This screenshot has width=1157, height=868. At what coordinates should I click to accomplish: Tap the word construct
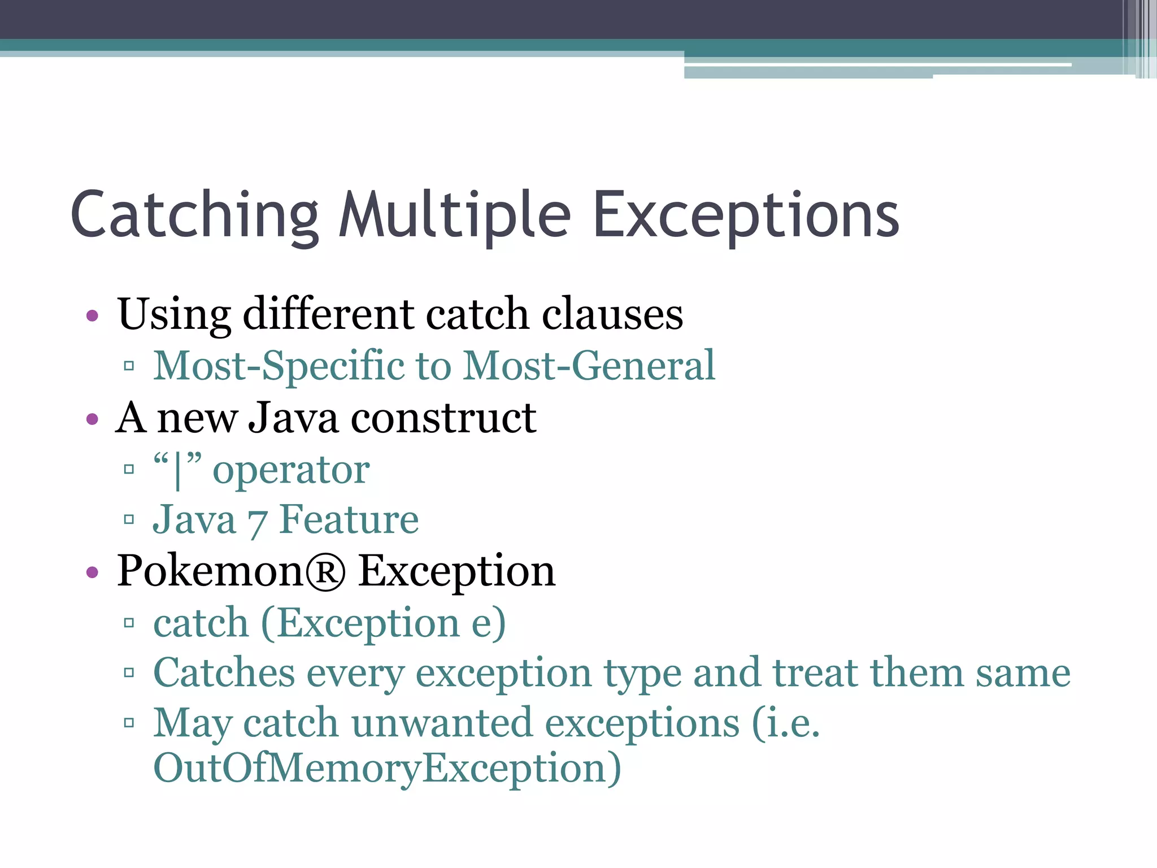[443, 418]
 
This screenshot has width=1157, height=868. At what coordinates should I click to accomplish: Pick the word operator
[291, 470]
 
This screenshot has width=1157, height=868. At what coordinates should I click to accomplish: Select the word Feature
[349, 519]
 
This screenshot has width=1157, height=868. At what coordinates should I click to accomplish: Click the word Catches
[224, 673]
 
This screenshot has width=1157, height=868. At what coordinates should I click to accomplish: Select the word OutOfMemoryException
[387, 769]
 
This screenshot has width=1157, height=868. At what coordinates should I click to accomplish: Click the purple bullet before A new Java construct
[92, 420]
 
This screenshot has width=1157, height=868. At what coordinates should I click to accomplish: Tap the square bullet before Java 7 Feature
[129, 519]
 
